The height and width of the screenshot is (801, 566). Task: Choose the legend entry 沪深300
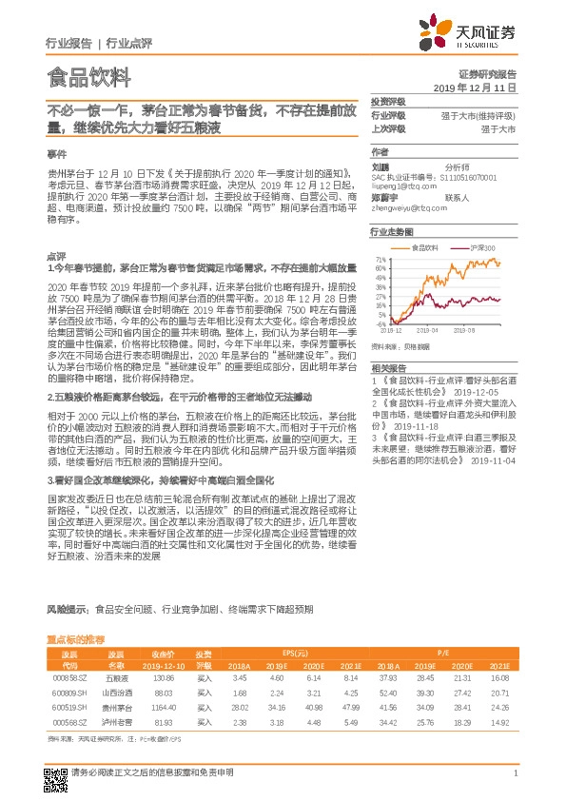click(x=476, y=246)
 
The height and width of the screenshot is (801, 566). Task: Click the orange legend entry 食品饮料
click(x=421, y=246)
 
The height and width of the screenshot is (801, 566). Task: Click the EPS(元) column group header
click(x=295, y=654)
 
